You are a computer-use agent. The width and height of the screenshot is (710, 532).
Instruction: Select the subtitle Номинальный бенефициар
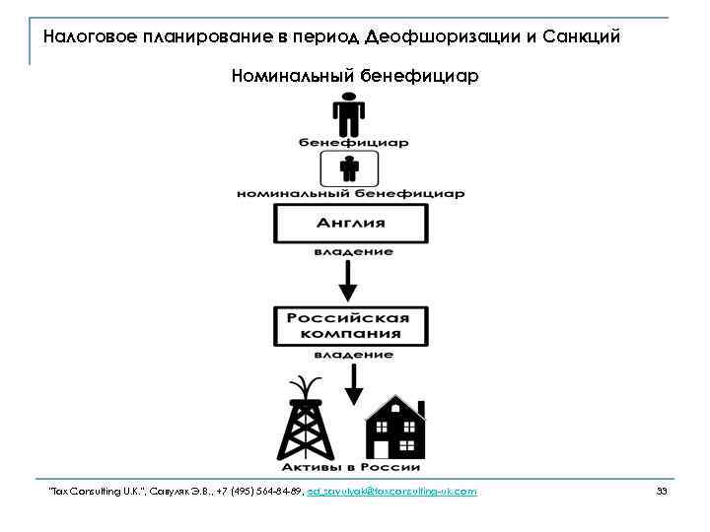tap(353, 76)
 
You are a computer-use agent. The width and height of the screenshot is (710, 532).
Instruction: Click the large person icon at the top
tap(349, 114)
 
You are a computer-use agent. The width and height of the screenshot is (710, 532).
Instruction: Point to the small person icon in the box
tap(349, 168)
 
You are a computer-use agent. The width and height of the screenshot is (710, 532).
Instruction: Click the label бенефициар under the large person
tap(354, 142)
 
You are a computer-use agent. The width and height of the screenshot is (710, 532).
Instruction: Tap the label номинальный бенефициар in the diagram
tap(350, 194)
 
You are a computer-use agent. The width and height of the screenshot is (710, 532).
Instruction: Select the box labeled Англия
tap(350, 224)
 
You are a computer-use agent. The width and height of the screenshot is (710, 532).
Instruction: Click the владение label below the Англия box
tap(354, 252)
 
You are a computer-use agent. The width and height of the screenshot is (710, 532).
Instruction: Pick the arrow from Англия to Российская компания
tap(349, 283)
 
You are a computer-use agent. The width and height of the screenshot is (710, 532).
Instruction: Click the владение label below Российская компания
tap(354, 354)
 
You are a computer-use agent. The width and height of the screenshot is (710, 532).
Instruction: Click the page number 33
tap(662, 491)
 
